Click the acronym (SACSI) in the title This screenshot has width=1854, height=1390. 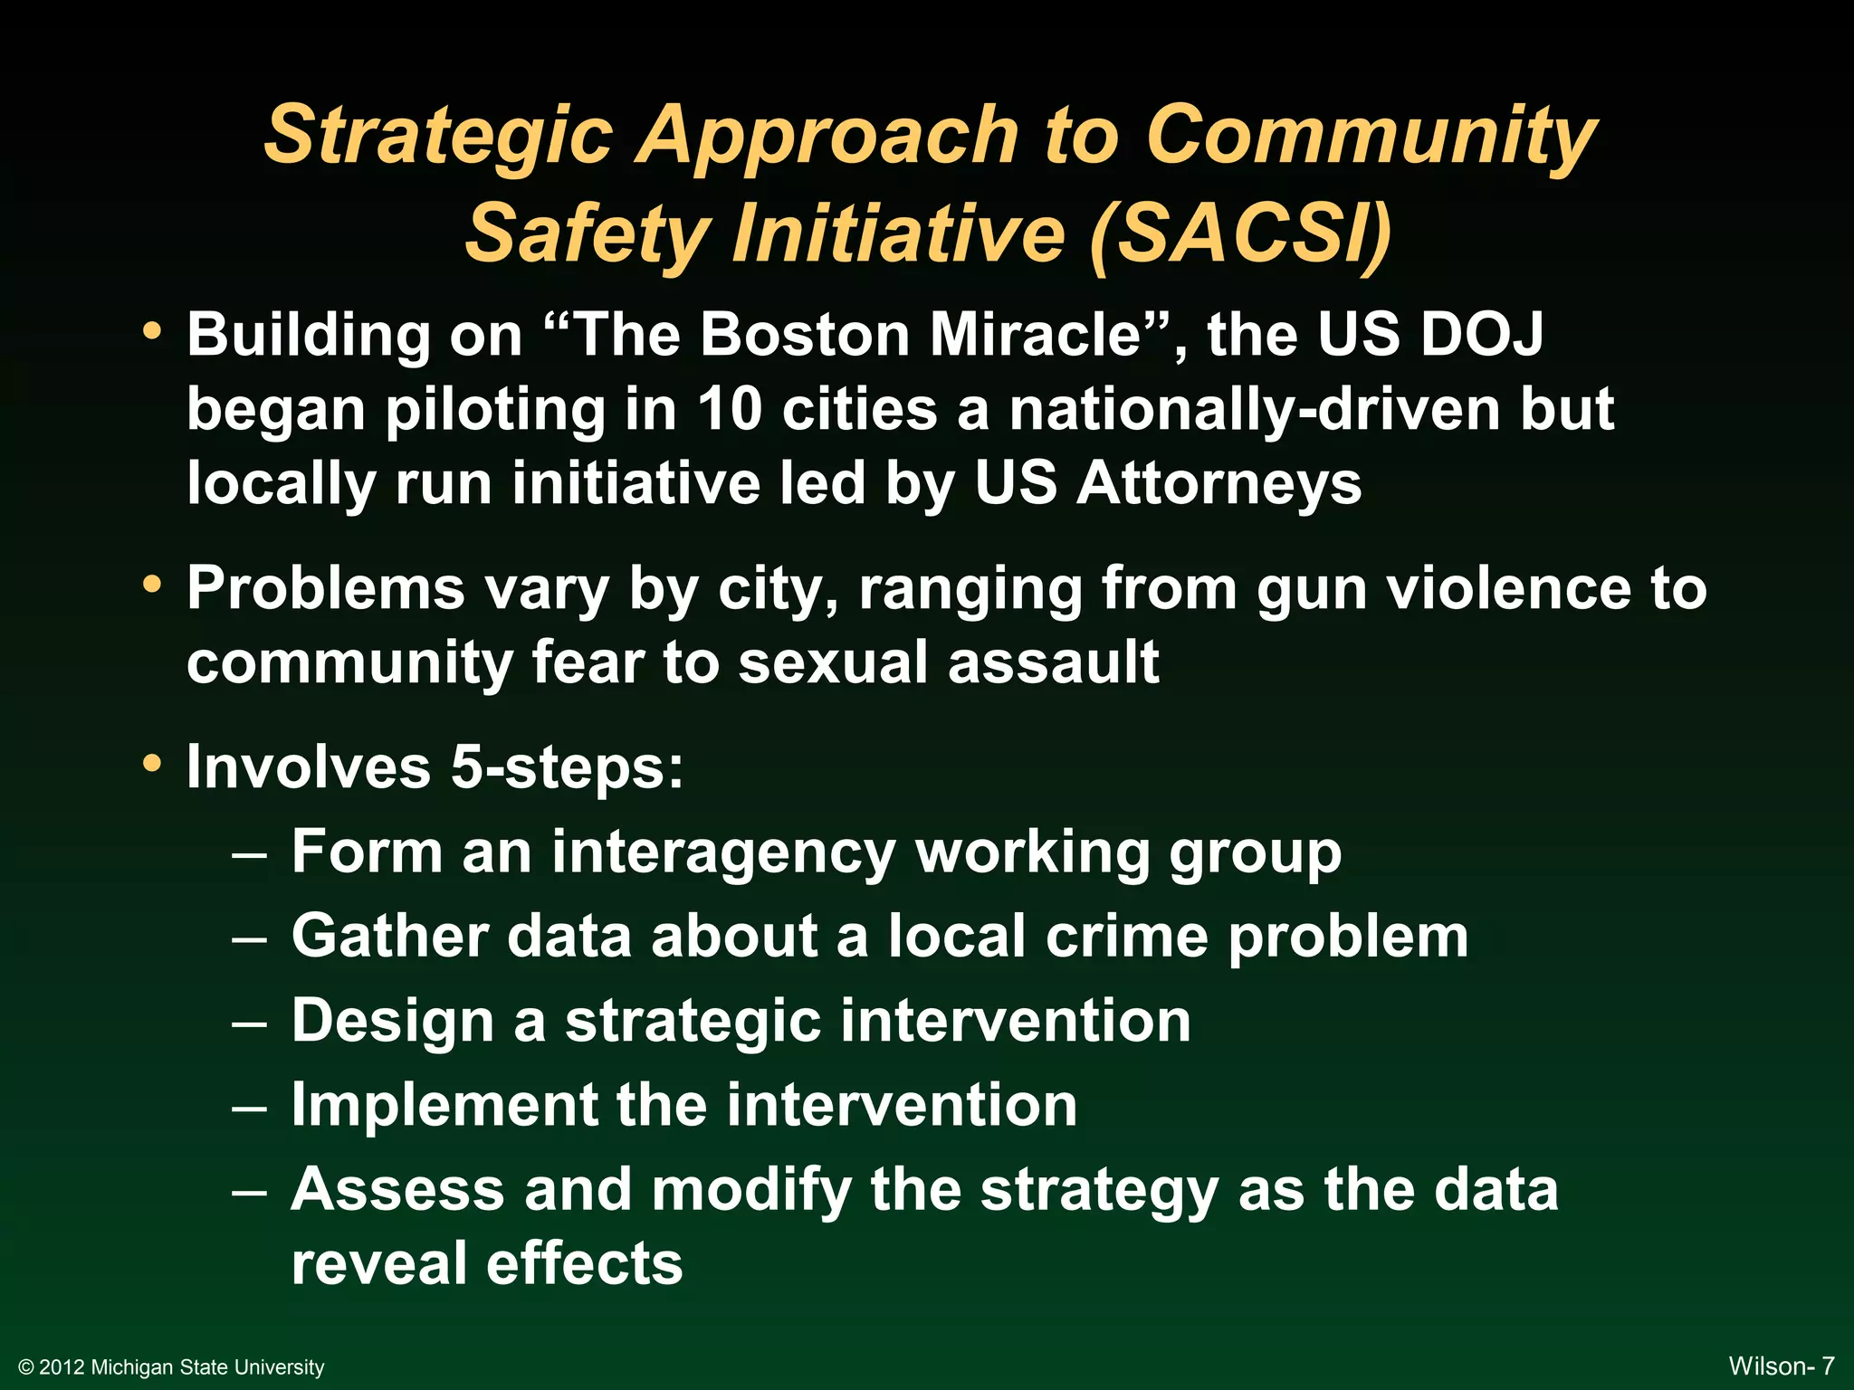point(1240,233)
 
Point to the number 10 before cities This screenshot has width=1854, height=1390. point(730,409)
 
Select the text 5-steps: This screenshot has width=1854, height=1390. point(567,767)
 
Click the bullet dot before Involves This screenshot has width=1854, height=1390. point(152,763)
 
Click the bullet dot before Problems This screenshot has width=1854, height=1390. point(152,584)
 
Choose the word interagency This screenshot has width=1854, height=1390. point(723,854)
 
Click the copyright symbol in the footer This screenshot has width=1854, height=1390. point(26,1367)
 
